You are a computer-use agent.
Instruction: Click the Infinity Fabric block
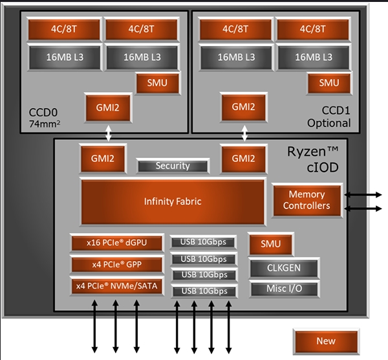[173, 201]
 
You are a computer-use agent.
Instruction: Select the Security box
[173, 166]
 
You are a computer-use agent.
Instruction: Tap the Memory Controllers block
[307, 200]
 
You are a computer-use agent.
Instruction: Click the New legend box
[325, 341]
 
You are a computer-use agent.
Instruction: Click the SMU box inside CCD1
[329, 83]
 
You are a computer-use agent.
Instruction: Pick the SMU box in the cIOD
[270, 243]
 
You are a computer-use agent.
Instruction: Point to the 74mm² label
[45, 123]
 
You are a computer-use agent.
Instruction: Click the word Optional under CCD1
[329, 123]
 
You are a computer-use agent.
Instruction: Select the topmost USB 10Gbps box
[203, 242]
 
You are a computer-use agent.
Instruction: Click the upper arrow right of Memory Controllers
[365, 194]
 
